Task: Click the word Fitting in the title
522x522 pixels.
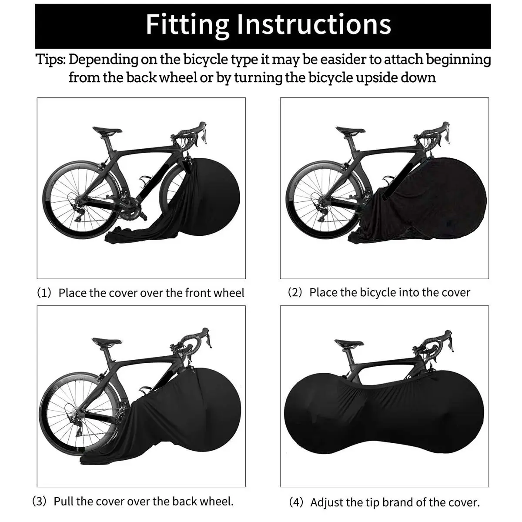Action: click(x=187, y=24)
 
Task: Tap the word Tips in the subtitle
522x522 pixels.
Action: click(x=50, y=59)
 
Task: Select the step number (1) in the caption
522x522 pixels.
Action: click(x=44, y=293)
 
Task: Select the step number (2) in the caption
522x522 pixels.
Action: click(x=295, y=292)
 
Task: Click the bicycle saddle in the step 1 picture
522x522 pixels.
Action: click(x=107, y=130)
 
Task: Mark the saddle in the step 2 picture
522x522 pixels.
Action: click(x=350, y=130)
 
